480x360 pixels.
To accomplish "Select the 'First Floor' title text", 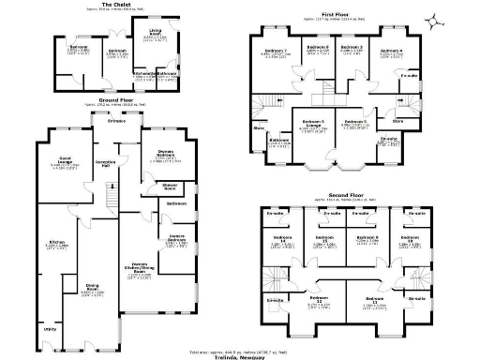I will [x=336, y=13].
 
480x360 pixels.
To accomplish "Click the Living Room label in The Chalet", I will [x=150, y=38].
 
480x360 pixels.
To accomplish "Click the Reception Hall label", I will [x=107, y=163].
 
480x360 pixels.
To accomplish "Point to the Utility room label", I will [x=49, y=329].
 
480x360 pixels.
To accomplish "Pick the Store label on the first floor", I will [x=397, y=120].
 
